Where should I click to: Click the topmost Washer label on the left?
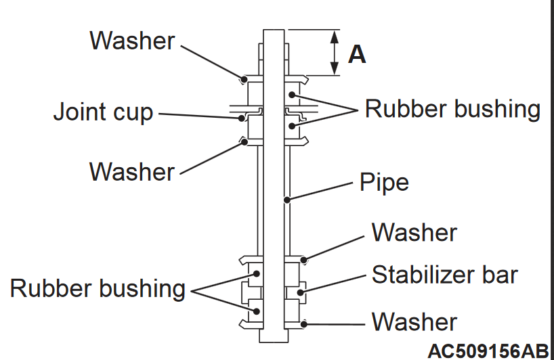click(x=132, y=41)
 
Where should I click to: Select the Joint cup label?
click(x=104, y=112)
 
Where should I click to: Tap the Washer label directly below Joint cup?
click(x=132, y=171)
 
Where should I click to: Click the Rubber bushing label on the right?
click(x=452, y=108)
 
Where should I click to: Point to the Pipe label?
click(x=385, y=182)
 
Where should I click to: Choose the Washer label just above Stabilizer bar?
click(x=414, y=233)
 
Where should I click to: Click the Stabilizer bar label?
click(x=444, y=275)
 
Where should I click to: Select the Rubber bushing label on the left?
click(x=98, y=288)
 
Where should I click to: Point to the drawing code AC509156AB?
click(x=488, y=351)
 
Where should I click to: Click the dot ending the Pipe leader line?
click(x=288, y=199)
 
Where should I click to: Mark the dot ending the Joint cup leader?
click(x=242, y=118)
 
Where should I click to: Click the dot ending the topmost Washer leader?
click(x=242, y=80)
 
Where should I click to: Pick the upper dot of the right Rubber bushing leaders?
click(x=292, y=95)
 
